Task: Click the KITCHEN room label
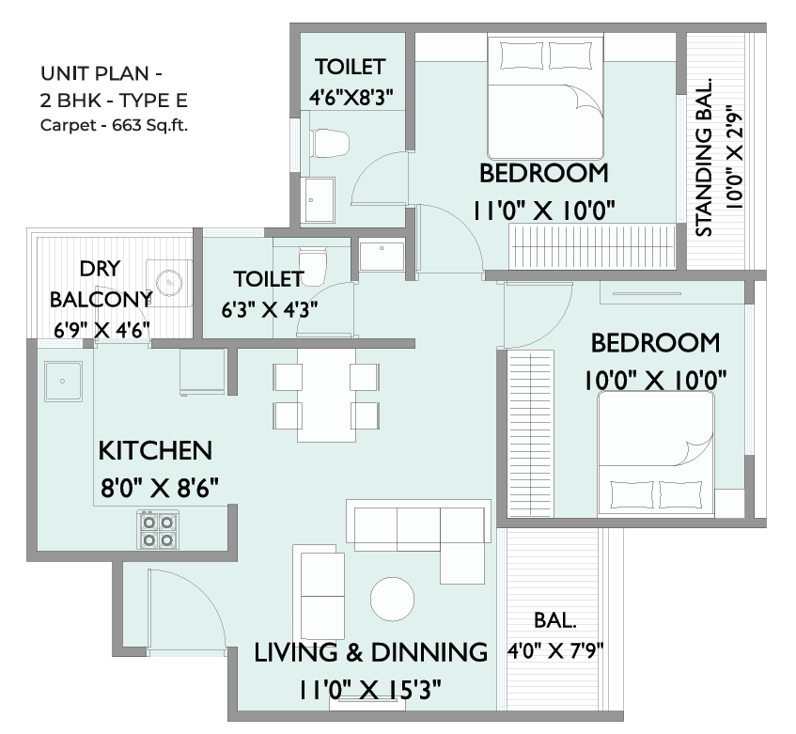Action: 155,451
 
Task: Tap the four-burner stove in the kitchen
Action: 157,530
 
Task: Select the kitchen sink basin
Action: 63,381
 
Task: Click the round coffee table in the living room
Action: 392,599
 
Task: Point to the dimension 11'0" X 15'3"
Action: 369,690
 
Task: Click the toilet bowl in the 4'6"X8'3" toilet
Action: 331,143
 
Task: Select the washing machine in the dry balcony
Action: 169,283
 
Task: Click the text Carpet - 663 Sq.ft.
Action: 114,125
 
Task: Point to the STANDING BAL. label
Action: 704,157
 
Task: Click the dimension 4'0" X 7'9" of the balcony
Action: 554,650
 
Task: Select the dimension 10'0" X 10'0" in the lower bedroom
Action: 655,380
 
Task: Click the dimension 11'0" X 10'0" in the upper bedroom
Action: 544,211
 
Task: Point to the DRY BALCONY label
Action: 101,284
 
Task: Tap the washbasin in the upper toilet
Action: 319,200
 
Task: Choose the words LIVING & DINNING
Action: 370,652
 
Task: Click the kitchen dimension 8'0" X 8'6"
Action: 160,488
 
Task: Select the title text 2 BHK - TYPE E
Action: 114,101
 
